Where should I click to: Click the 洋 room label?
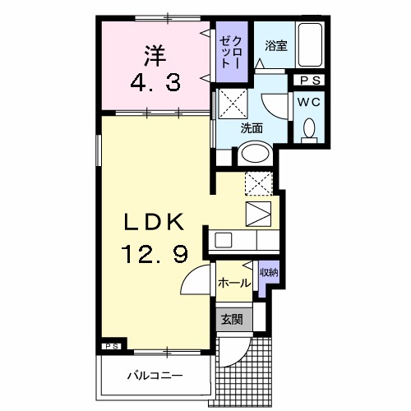pos(156,56)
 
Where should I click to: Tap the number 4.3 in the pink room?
pos(156,82)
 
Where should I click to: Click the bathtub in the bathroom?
pos(311,48)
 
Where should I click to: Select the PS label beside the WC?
pos(311,80)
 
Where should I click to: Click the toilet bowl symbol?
pos(310,129)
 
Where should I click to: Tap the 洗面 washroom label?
pos(251,128)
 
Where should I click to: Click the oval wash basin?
pos(255,154)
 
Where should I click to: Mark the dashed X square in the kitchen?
pos(259,184)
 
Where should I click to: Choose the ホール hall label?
pos(234,283)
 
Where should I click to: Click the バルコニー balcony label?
pos(155,376)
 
